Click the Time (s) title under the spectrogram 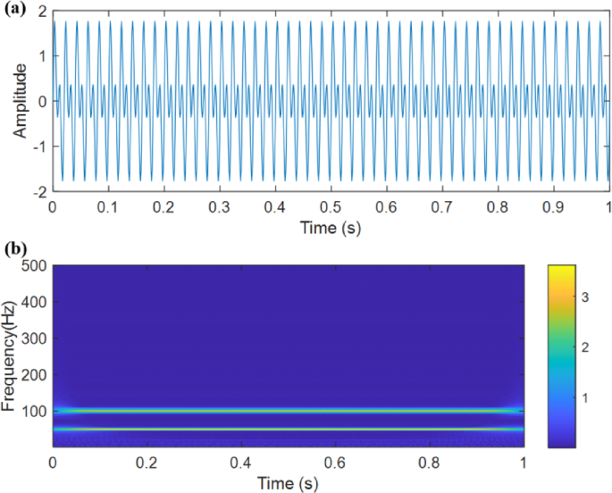[288, 482]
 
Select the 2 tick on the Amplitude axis [41, 10]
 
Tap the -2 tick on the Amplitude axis [38, 192]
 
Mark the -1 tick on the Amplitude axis [38, 146]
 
